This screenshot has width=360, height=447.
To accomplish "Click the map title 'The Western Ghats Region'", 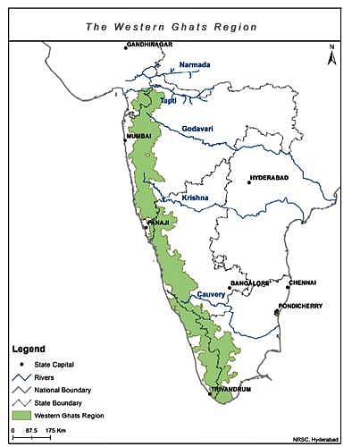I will point(171,27).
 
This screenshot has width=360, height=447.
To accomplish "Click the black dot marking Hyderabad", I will point(249,182).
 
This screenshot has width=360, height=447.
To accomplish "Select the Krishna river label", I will point(196,197).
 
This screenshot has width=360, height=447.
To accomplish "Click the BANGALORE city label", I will point(249,283).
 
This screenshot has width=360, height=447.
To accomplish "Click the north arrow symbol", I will point(331,55).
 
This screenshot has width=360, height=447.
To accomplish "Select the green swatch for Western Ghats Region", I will point(21,415).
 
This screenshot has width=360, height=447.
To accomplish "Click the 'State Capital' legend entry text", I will point(54,364).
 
